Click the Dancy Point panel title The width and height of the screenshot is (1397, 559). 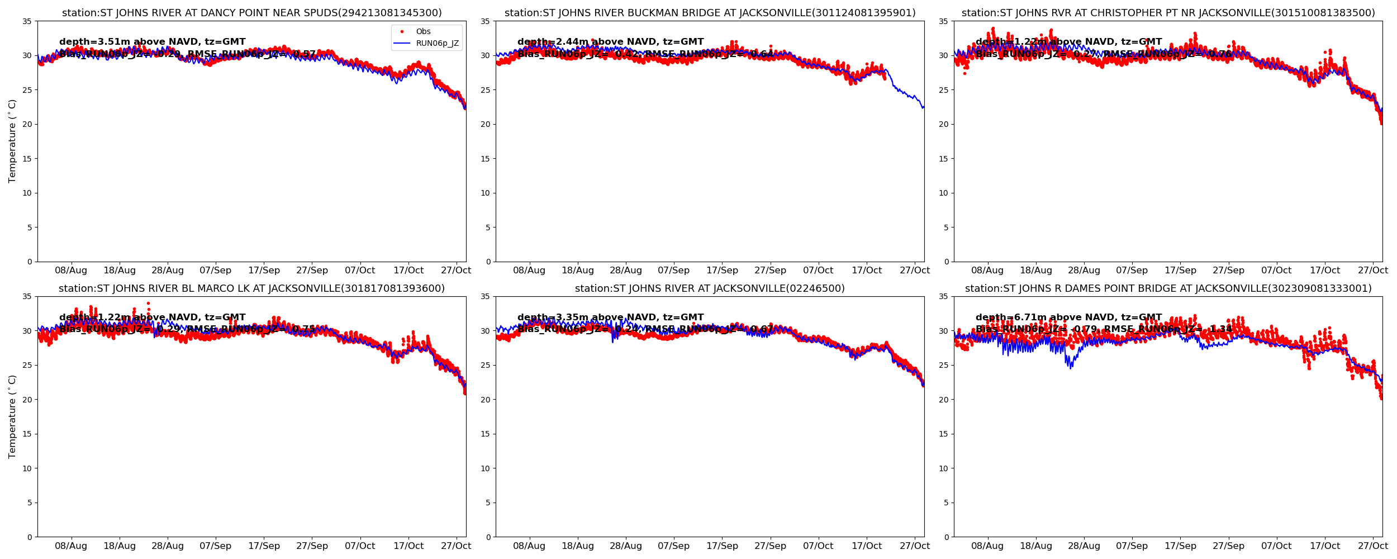(251, 13)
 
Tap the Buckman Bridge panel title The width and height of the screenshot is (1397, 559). (710, 13)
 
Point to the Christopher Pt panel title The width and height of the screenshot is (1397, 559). (1168, 13)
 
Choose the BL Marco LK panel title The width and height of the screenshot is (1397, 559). (251, 288)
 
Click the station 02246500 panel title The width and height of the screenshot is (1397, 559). (710, 288)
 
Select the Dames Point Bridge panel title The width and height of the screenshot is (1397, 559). (1168, 288)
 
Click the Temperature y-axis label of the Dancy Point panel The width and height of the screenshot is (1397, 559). (12, 141)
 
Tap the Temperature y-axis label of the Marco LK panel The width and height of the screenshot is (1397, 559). (12, 416)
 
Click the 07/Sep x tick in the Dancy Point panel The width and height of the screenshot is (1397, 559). (215, 271)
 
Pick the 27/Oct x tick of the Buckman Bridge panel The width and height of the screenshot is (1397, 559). (915, 271)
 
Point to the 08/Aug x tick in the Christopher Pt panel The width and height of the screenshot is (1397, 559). (987, 271)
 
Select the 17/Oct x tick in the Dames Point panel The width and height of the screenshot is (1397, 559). (1325, 546)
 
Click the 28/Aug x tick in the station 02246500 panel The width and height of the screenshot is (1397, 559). (626, 546)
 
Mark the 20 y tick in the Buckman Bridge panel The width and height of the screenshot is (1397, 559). (485, 124)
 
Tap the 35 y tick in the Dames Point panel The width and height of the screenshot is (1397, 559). (943, 297)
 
